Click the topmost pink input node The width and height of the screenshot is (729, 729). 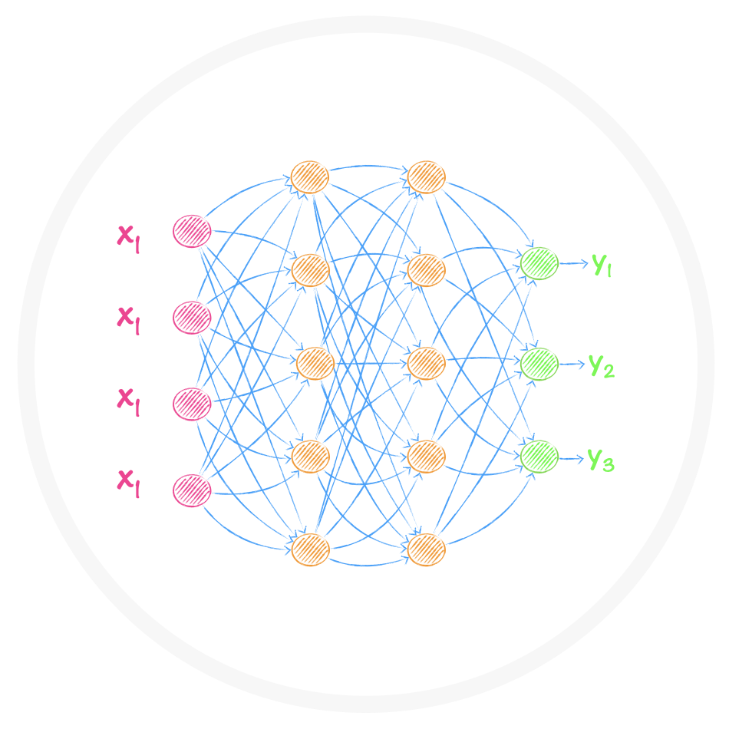[191, 231]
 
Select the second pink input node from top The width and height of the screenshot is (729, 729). [191, 317]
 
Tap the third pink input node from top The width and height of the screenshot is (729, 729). [191, 404]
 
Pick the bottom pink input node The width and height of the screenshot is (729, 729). [191, 490]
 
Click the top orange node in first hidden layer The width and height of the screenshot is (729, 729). [310, 177]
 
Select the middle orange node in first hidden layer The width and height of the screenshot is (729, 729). [315, 363]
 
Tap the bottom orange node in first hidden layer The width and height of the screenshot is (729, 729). [310, 549]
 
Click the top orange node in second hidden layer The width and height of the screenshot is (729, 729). [427, 177]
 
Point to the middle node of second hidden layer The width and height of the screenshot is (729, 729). [427, 363]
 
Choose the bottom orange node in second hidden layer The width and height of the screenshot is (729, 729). [427, 549]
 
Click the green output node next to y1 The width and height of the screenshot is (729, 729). [539, 263]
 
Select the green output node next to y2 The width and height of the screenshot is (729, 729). [539, 364]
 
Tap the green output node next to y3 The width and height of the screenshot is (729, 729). [539, 457]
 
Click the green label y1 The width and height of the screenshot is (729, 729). [602, 264]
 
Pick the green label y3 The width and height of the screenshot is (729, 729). [602, 459]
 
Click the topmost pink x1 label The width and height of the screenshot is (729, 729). [128, 236]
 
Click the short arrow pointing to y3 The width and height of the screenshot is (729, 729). [571, 458]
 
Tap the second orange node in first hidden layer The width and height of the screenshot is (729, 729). [310, 270]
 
